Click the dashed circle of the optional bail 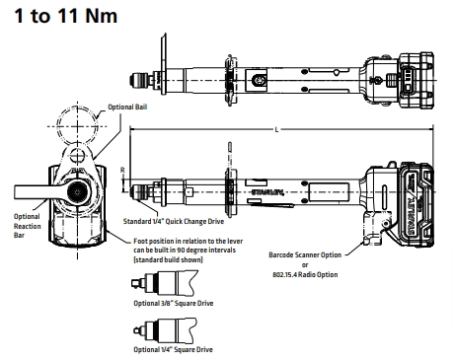pos(80,125)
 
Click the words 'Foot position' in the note pos(159,242)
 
